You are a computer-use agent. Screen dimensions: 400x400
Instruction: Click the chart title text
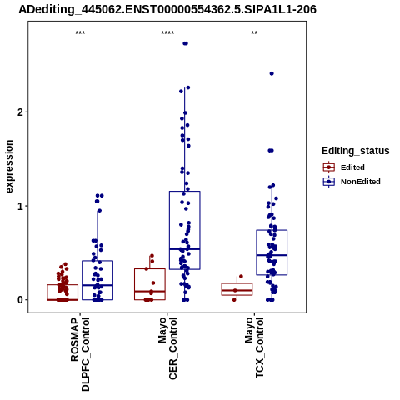pos(167,10)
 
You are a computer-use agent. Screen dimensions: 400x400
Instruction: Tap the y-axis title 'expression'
pos(9,167)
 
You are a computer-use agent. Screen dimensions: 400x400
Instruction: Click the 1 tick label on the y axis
pos(20,206)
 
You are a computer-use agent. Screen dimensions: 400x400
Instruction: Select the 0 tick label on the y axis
pos(20,300)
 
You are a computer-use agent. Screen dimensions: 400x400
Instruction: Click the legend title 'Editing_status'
pos(356,151)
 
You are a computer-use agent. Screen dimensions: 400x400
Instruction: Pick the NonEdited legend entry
pos(352,182)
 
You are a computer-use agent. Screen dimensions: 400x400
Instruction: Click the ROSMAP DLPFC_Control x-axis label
pos(80,354)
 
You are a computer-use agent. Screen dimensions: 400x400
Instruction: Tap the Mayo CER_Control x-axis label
pos(167,348)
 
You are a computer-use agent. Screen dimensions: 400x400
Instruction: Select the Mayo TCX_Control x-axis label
pos(254,347)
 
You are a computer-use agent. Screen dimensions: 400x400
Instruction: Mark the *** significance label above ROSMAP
pos(80,33)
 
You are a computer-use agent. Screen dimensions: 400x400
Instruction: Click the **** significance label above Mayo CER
pos(167,33)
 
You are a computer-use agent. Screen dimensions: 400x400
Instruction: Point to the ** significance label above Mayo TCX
pos(254,33)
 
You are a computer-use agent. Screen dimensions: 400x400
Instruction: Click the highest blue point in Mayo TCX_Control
pos(272,73)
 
